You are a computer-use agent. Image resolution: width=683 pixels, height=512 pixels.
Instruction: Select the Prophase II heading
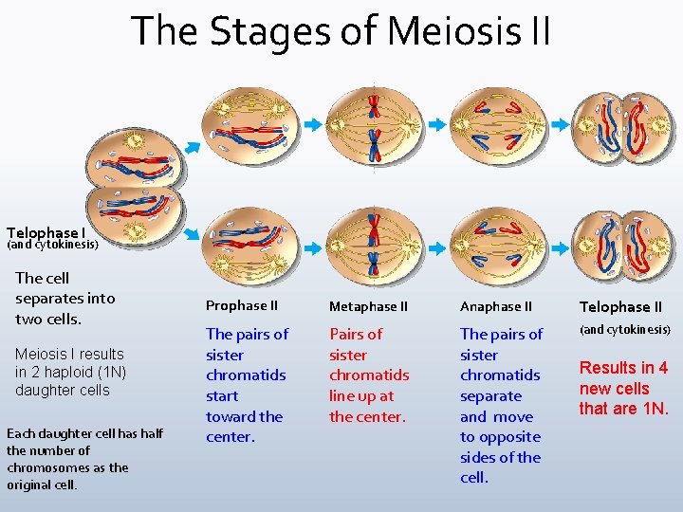(242, 305)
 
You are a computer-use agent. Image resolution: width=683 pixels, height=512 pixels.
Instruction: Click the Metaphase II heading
(368, 306)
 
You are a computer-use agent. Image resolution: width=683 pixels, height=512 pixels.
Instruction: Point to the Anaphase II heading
(496, 306)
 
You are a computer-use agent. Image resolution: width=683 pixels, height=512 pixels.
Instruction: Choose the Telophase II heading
(620, 307)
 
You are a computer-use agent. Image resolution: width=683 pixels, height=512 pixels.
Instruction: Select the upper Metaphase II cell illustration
(374, 126)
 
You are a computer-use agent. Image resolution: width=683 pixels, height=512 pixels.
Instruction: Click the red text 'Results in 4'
(623, 368)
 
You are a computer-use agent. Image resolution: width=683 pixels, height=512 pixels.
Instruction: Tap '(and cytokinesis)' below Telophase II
(625, 330)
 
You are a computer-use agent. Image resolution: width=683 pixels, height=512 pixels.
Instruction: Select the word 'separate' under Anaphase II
(490, 396)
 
